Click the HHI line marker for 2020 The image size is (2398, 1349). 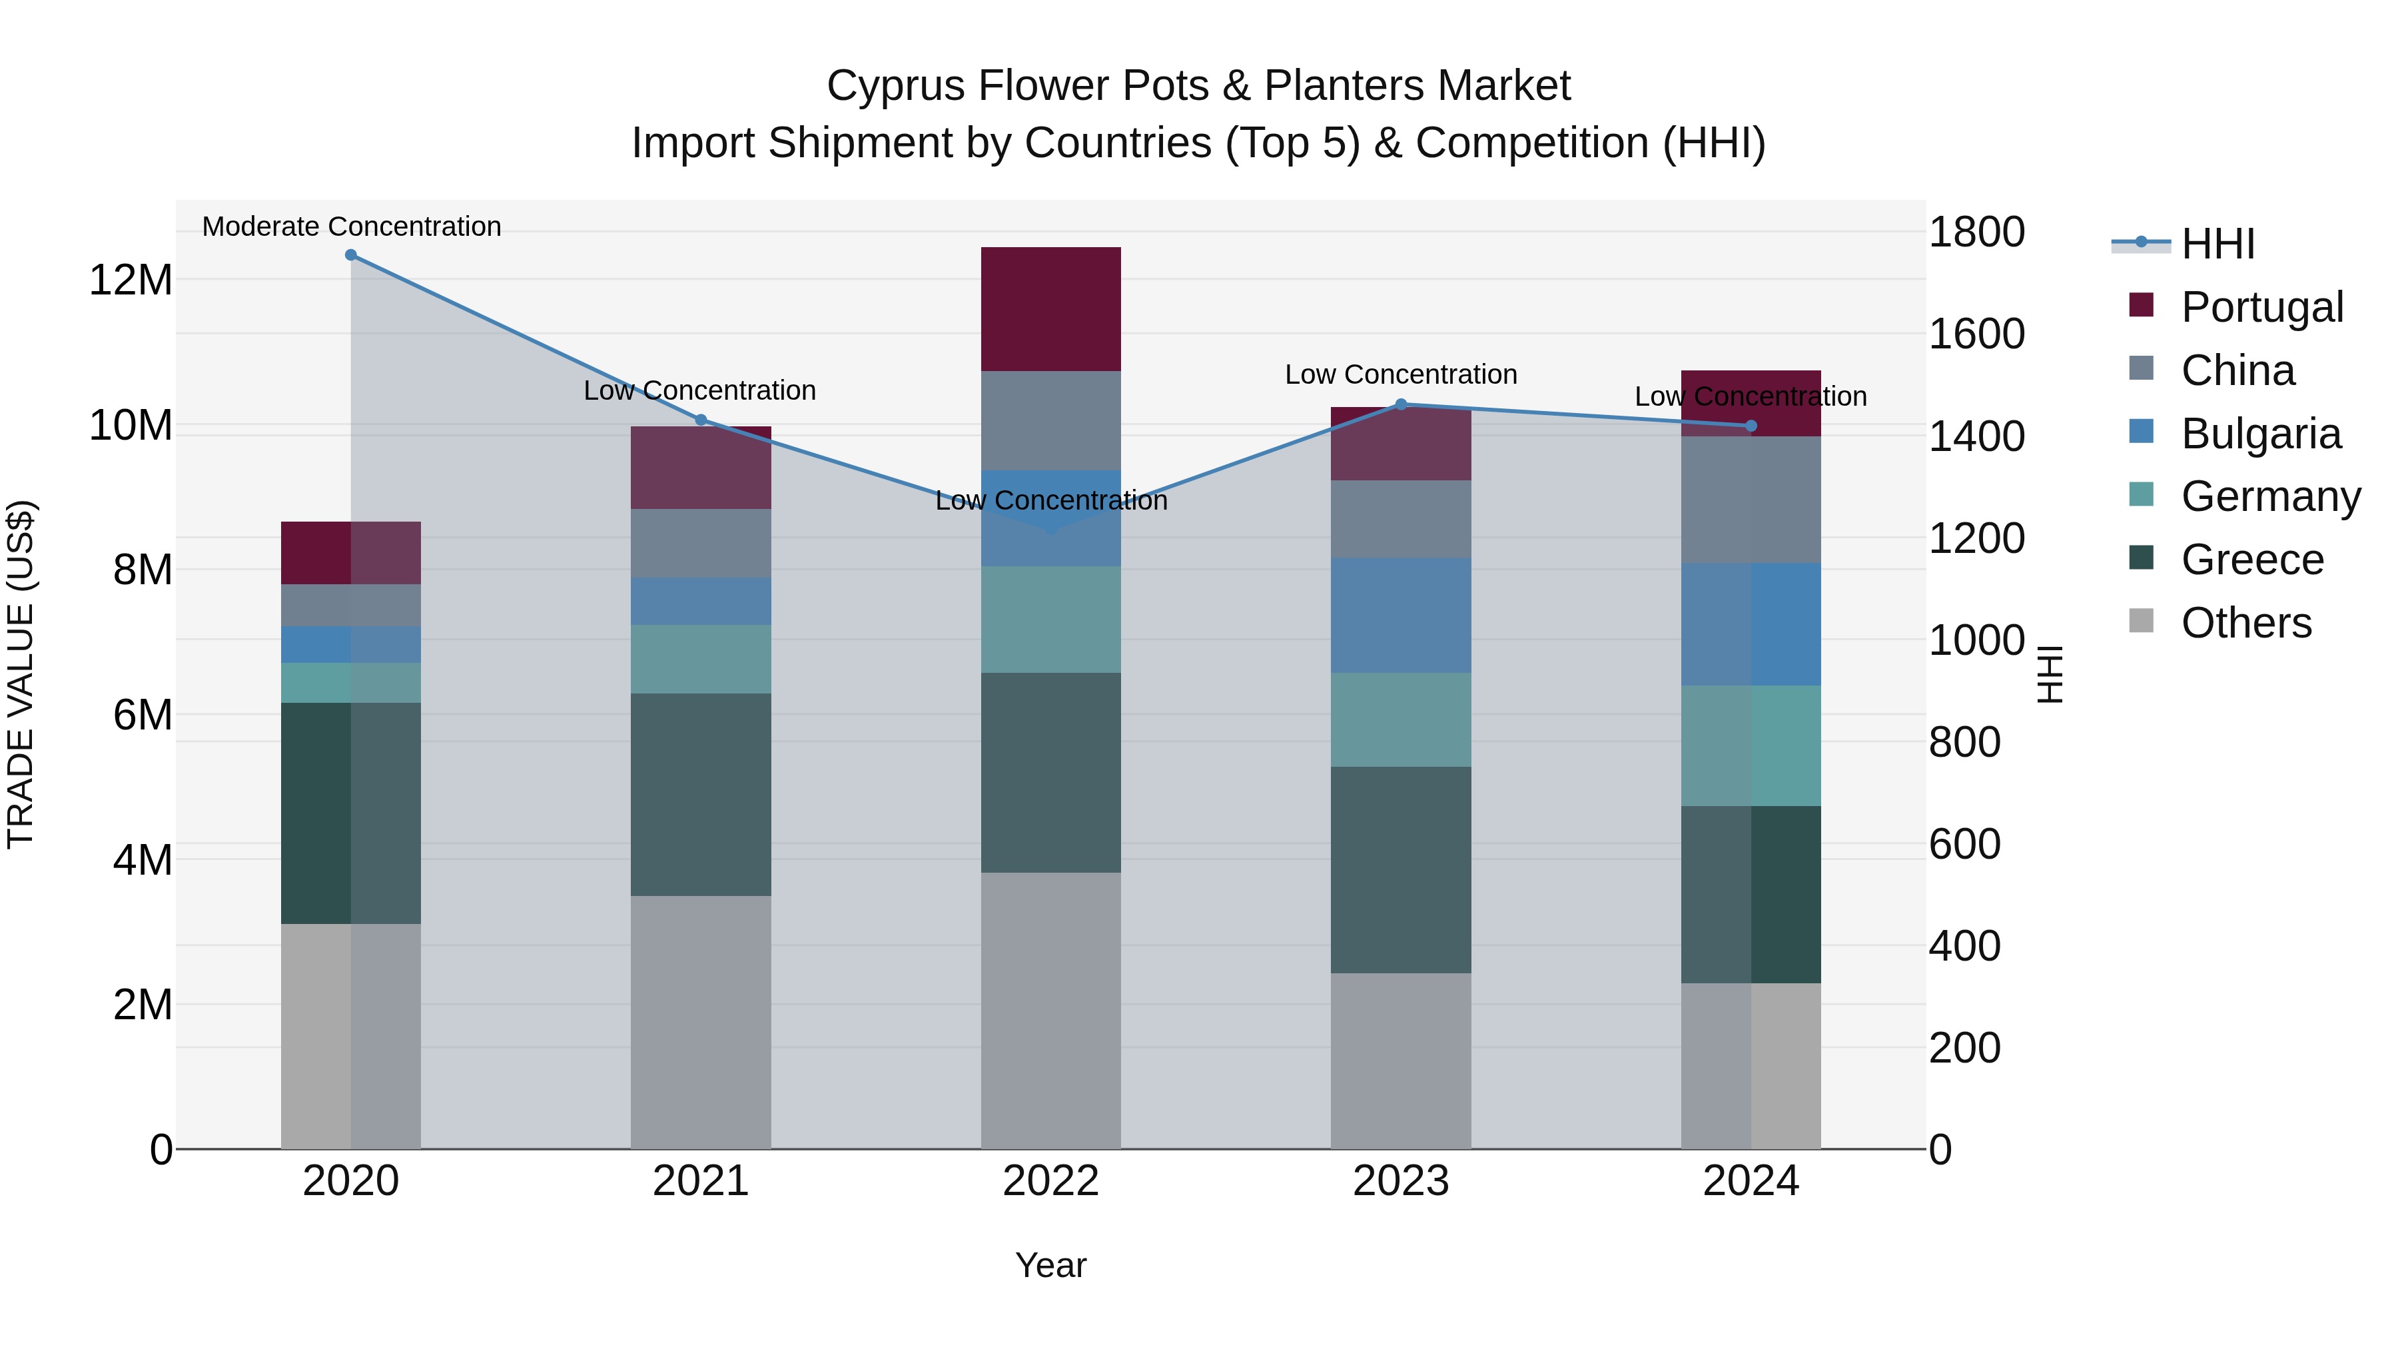(x=351, y=255)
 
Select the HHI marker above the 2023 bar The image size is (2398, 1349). (x=1401, y=405)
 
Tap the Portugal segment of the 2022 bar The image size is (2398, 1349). (x=1051, y=309)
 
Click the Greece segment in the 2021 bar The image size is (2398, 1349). (x=701, y=794)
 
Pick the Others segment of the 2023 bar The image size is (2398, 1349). (x=1401, y=1061)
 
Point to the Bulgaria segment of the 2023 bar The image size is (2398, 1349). (x=1401, y=616)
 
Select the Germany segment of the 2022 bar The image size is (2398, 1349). (x=1051, y=619)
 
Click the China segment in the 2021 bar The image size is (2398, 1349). (x=701, y=543)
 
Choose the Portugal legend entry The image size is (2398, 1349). (x=2261, y=307)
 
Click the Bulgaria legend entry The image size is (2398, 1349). (x=2260, y=434)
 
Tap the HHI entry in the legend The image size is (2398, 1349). (x=2217, y=244)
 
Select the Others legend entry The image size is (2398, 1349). (x=2245, y=623)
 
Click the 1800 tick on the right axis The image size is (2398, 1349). (x=1976, y=232)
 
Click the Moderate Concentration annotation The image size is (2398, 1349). (x=351, y=226)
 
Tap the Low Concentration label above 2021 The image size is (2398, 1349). (x=699, y=390)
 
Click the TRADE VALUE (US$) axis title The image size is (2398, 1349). (x=21, y=674)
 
